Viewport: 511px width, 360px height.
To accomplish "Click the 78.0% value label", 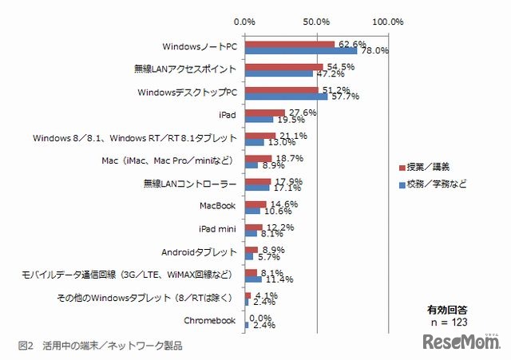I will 374,50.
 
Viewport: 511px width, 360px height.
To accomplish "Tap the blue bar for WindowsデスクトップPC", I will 287,97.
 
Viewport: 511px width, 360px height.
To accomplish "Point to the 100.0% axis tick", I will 388,21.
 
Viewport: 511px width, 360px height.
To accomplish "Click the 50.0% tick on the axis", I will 317,21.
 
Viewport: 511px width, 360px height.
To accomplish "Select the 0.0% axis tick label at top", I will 245,21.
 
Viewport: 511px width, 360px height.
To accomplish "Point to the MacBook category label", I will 218,206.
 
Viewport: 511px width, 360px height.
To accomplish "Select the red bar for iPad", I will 265,113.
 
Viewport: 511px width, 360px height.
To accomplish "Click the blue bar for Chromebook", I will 247,325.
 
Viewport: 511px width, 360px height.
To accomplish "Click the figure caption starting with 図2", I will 100,346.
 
